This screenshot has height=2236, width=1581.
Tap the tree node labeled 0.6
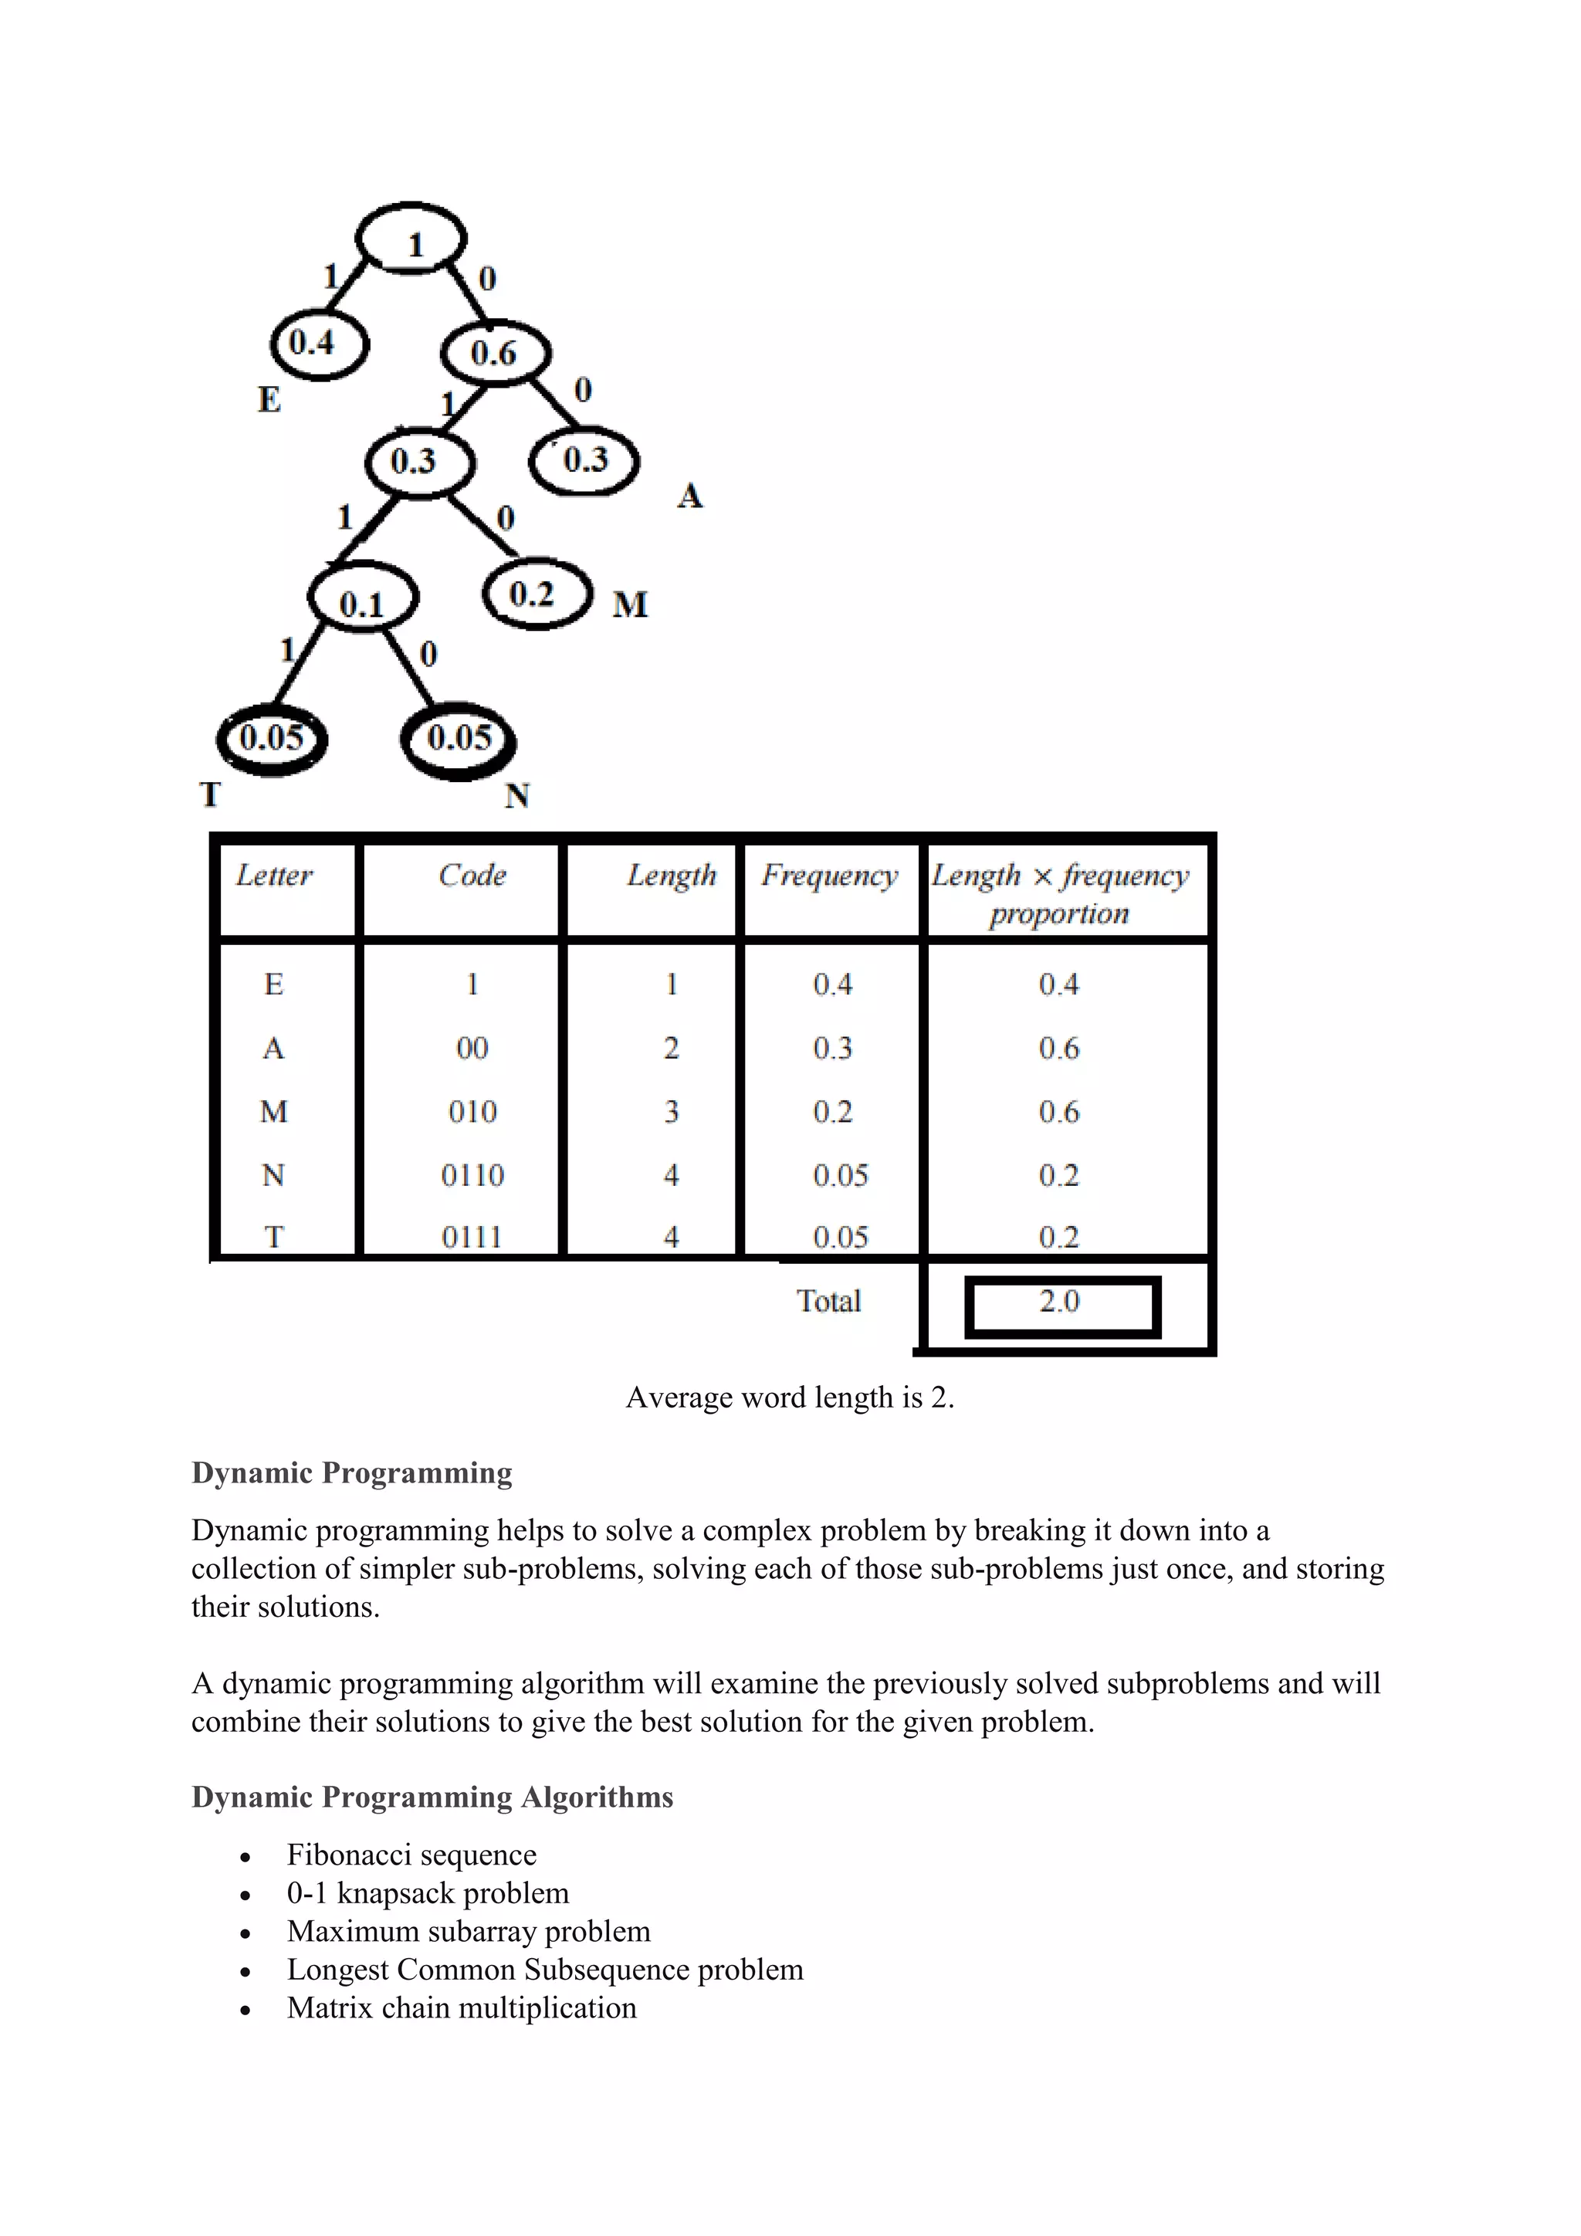point(496,353)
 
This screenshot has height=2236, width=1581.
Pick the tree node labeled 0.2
point(537,595)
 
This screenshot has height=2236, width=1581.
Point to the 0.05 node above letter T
point(272,739)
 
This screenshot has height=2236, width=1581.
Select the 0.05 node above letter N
point(459,739)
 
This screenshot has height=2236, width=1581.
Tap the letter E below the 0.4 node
point(269,400)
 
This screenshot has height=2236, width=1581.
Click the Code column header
point(472,876)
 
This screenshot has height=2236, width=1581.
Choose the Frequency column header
point(829,876)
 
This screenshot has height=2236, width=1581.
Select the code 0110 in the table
point(472,1175)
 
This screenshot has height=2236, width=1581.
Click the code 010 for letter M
point(472,1112)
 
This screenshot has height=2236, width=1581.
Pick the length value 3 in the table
point(671,1112)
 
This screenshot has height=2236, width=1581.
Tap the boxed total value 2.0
point(1060,1302)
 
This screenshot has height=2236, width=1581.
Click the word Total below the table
point(828,1302)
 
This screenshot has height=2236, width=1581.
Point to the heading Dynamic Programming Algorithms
point(432,1797)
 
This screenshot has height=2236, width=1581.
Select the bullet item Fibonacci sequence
point(411,1855)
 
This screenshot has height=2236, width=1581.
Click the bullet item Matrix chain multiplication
point(462,2008)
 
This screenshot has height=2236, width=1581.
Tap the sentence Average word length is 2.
point(790,1397)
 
